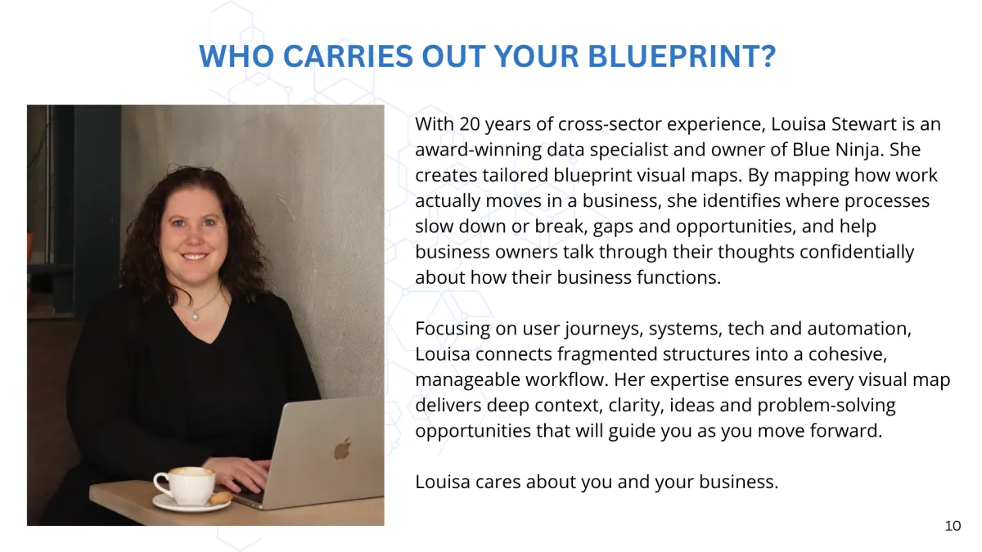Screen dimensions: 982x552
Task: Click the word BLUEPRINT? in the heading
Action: click(682, 56)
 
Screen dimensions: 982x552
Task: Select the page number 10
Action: click(953, 526)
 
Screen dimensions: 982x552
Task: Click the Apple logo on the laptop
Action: click(342, 449)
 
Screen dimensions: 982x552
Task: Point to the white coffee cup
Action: click(185, 486)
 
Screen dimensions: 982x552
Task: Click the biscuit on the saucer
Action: click(221, 497)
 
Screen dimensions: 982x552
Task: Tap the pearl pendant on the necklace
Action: click(195, 315)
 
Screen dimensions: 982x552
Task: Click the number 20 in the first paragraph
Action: click(470, 124)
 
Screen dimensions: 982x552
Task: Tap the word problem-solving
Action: click(827, 406)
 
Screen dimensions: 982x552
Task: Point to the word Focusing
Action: click(453, 329)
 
